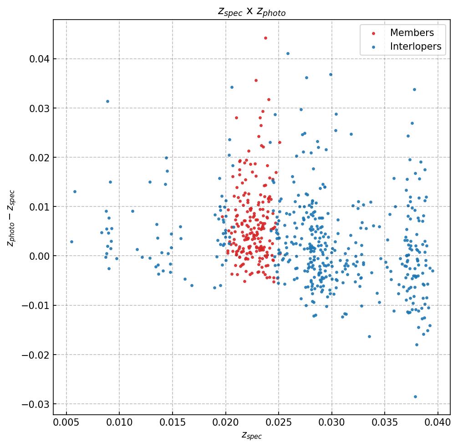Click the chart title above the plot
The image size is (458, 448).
click(x=251, y=12)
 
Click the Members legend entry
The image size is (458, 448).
click(x=412, y=33)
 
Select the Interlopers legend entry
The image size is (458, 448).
click(x=415, y=46)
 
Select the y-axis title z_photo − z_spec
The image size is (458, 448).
click(x=11, y=217)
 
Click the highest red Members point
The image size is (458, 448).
click(x=265, y=38)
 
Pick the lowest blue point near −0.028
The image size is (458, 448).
click(x=415, y=397)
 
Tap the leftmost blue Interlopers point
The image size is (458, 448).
click(x=71, y=242)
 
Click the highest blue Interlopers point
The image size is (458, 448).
click(x=288, y=53)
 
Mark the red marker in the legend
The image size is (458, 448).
click(x=374, y=33)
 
